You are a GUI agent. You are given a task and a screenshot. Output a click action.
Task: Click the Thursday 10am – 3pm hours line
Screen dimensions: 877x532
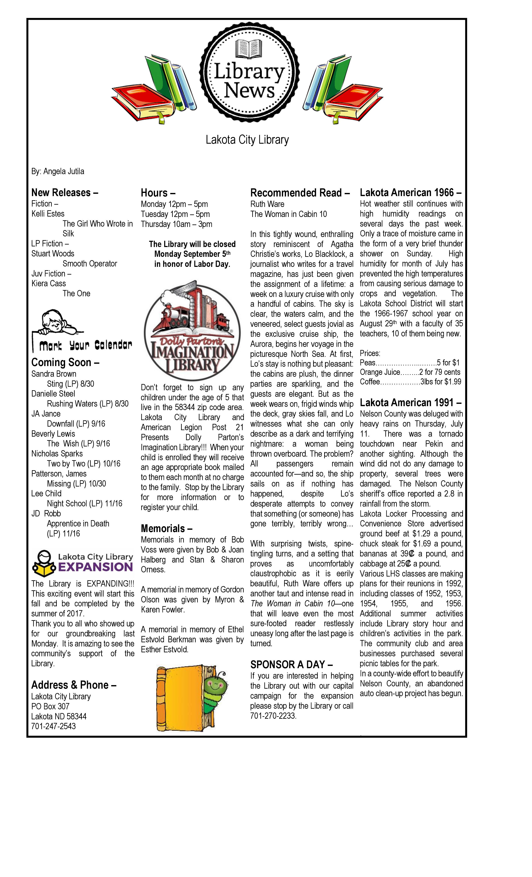176,224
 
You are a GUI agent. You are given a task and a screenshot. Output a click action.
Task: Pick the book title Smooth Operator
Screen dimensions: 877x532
90,264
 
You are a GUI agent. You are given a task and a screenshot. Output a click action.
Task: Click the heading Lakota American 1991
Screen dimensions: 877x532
410,403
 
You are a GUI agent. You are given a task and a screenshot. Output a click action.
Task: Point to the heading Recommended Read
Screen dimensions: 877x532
300,193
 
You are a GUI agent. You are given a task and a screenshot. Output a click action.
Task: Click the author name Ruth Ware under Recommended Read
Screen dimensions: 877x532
267,204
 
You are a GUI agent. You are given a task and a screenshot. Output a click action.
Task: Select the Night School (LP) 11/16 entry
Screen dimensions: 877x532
84,504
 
